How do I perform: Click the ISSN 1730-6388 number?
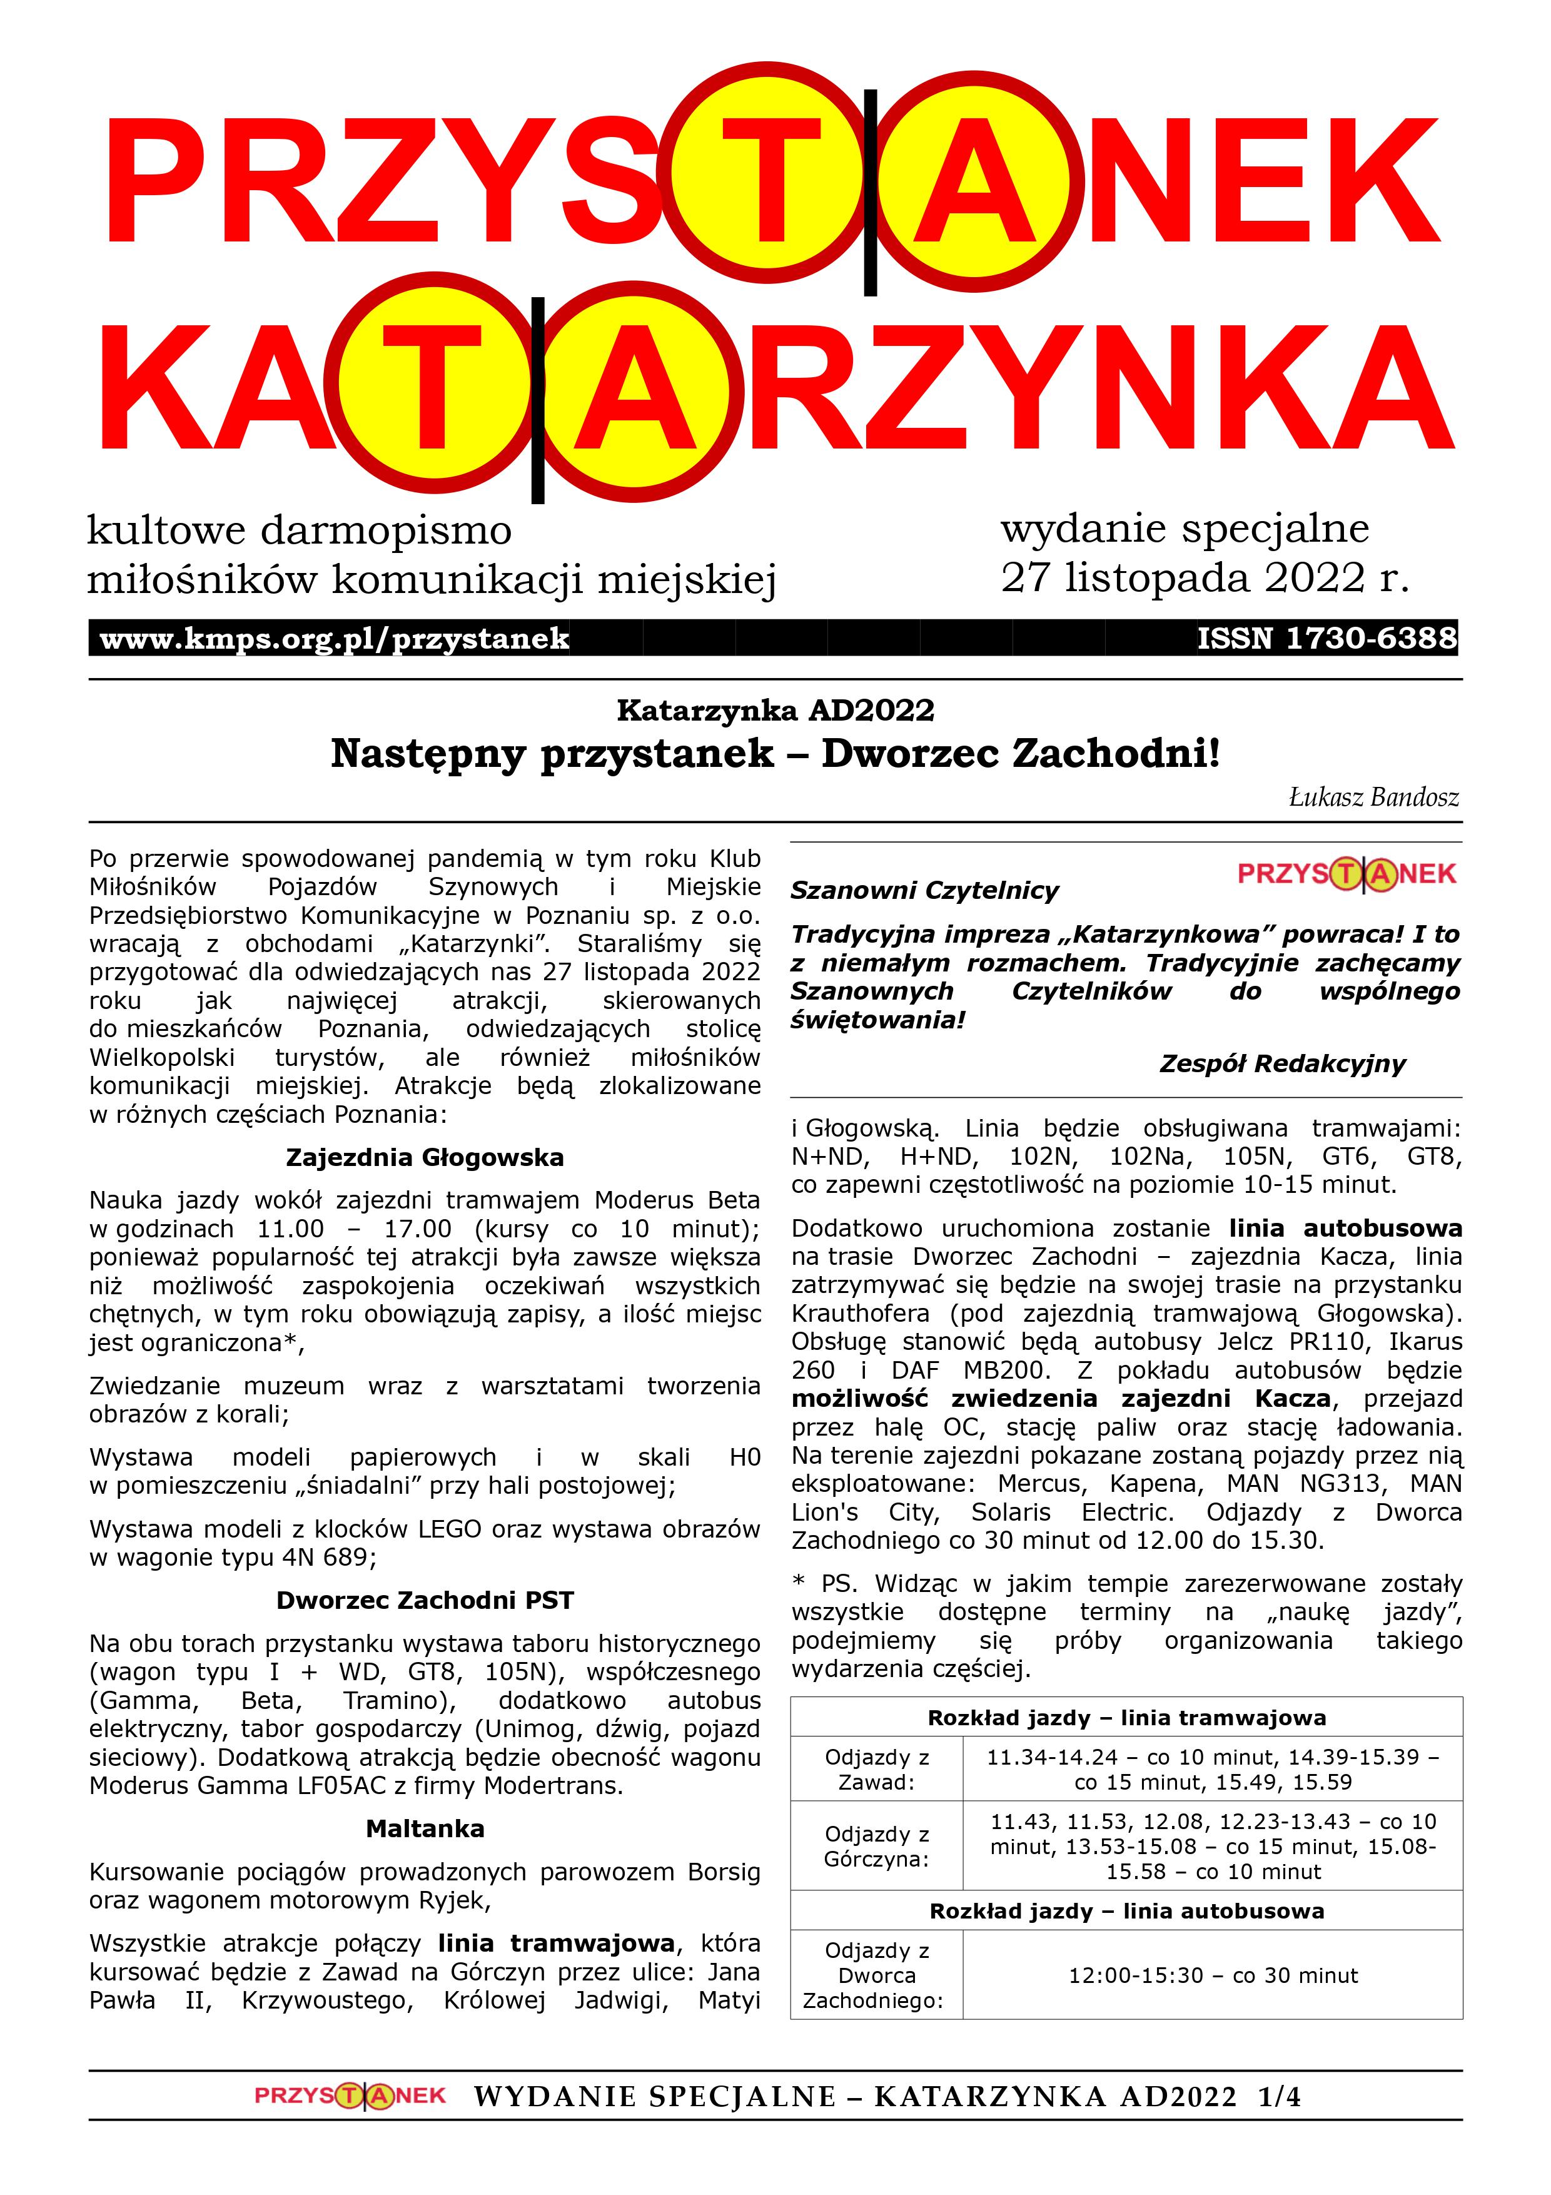(x=1326, y=637)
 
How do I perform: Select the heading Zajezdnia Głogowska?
(x=425, y=1158)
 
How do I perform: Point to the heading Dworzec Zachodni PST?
(x=425, y=1600)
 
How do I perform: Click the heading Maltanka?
(x=425, y=1829)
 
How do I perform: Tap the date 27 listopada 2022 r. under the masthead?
(x=1204, y=577)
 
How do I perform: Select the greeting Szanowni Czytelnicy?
(x=924, y=891)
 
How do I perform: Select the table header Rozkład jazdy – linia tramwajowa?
(x=1127, y=1718)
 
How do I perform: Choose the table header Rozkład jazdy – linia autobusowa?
(x=1127, y=1911)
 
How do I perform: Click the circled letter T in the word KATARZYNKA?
(x=433, y=387)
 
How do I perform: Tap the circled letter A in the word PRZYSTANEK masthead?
(x=978, y=181)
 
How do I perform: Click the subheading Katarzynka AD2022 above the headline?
(x=775, y=711)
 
